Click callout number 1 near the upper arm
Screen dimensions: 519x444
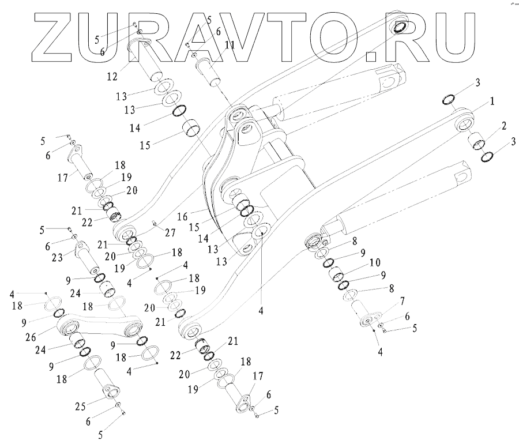coord(491,101)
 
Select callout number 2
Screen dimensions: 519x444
coord(503,126)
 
